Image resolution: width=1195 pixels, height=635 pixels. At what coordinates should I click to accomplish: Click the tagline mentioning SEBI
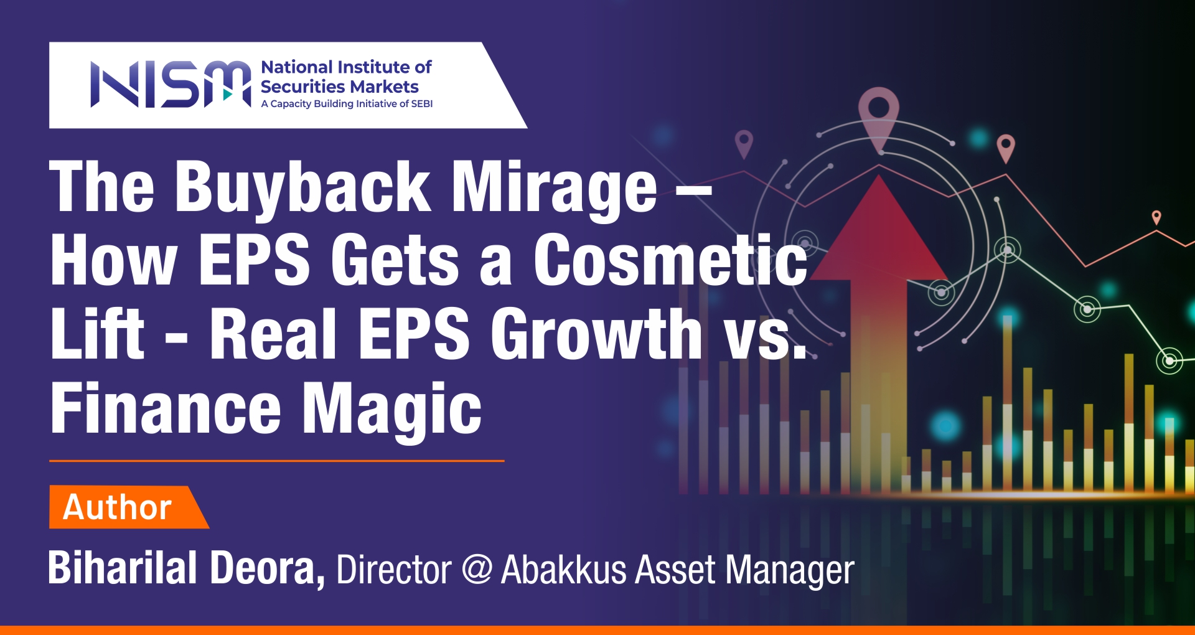[347, 104]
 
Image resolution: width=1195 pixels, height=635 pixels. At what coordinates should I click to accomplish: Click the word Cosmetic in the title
[671, 260]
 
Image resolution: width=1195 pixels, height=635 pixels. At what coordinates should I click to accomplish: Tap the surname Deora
[268, 568]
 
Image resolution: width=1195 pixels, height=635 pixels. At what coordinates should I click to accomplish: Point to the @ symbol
[477, 569]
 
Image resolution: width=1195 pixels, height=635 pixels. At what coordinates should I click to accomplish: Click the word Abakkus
[563, 569]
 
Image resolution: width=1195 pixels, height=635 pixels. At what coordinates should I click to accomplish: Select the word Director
[394, 569]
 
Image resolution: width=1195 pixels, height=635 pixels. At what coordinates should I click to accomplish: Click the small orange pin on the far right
[1156, 217]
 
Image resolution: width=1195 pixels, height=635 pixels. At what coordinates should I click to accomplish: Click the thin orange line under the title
[276, 461]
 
